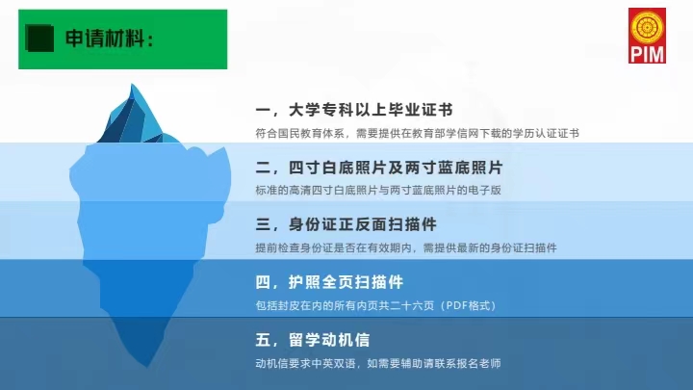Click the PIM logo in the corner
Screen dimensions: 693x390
point(647,36)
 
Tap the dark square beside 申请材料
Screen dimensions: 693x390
point(40,39)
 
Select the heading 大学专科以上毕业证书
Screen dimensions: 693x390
point(371,110)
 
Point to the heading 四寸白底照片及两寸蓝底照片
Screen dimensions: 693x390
point(396,168)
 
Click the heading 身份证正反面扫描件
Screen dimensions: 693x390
point(363,224)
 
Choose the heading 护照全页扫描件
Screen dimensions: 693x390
point(346,282)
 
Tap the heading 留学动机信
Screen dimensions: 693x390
point(329,340)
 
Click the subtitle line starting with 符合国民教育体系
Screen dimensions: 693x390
point(417,134)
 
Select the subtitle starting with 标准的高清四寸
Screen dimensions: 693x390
point(378,190)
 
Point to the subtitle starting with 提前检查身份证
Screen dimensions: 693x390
point(406,247)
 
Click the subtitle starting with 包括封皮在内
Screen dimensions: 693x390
point(376,305)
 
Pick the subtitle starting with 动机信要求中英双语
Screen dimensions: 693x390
point(378,363)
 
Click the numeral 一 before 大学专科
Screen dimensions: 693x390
point(263,110)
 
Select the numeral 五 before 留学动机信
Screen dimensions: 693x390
point(264,340)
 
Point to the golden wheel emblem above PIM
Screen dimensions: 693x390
point(647,27)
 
